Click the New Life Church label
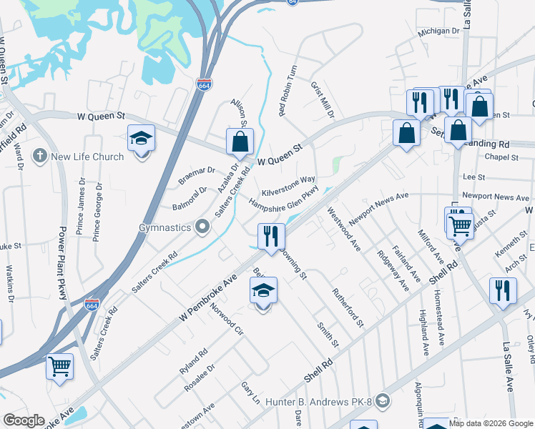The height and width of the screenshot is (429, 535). click(87, 157)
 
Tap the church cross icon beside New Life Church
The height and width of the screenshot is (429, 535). click(40, 156)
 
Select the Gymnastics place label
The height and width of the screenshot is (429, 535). click(165, 227)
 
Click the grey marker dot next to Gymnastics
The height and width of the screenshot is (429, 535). click(202, 227)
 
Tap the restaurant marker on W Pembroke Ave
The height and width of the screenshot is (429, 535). click(271, 237)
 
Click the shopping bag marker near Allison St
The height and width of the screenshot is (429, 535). click(240, 142)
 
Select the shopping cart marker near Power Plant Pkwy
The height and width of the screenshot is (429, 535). click(59, 366)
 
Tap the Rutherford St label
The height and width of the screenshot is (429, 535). click(347, 305)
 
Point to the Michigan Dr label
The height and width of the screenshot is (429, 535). click(438, 31)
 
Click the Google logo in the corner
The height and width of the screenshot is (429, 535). click(24, 420)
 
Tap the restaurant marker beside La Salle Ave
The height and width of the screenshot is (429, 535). click(503, 290)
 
